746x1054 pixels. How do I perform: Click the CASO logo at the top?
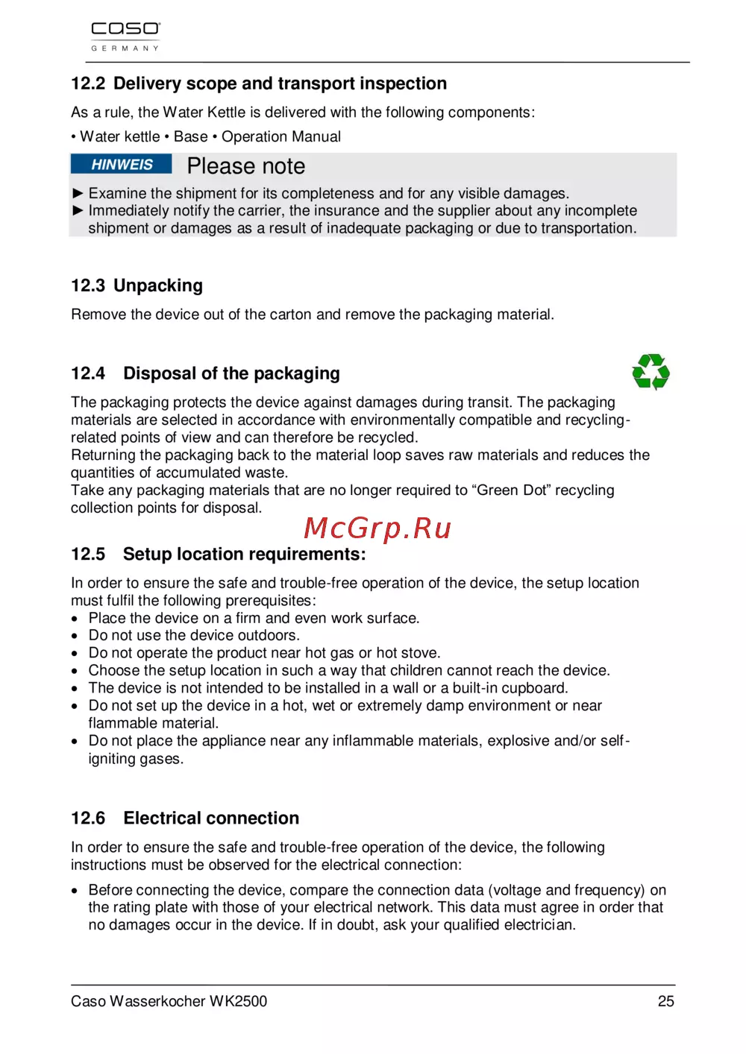[125, 30]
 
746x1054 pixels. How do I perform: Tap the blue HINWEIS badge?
[122, 165]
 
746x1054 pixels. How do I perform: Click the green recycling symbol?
[651, 372]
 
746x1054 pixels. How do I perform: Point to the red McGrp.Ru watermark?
[377, 528]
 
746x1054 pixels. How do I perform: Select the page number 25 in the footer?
[665, 1001]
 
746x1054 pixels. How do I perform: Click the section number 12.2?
[88, 83]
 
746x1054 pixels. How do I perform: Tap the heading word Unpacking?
[158, 285]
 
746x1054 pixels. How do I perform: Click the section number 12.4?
[88, 373]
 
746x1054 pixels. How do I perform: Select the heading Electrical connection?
[211, 818]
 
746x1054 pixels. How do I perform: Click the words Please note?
[245, 165]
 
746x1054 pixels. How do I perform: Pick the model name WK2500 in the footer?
[238, 1001]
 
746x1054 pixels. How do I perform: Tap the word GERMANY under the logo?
[125, 48]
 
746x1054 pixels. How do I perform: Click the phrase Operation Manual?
[281, 136]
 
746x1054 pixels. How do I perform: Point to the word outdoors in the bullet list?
[267, 635]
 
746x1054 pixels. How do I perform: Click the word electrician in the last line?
[539, 925]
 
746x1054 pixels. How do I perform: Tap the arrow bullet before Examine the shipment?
[78, 193]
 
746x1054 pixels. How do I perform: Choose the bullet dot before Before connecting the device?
[75, 891]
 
